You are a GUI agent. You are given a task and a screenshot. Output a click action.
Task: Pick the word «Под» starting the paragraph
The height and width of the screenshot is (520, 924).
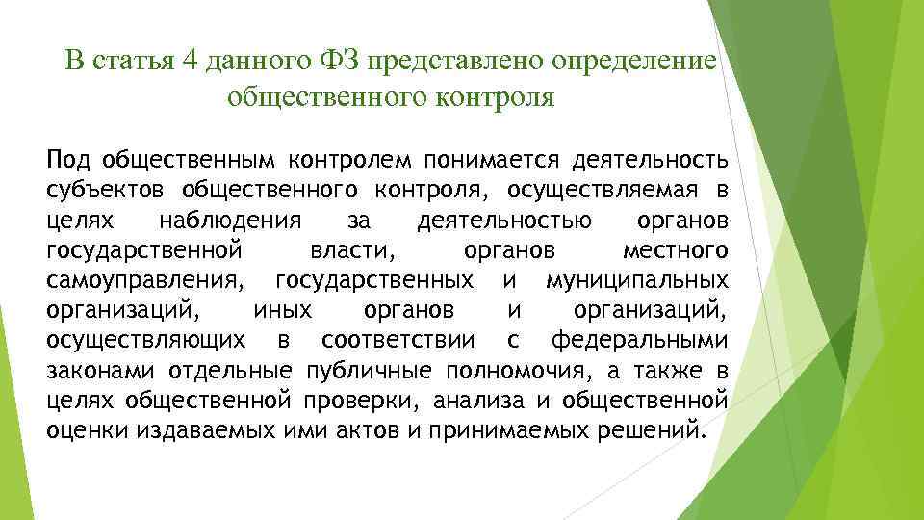66,158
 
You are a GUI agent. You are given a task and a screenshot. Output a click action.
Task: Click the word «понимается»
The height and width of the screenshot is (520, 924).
491,158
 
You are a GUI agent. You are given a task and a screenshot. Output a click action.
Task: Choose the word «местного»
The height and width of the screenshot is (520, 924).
674,251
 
